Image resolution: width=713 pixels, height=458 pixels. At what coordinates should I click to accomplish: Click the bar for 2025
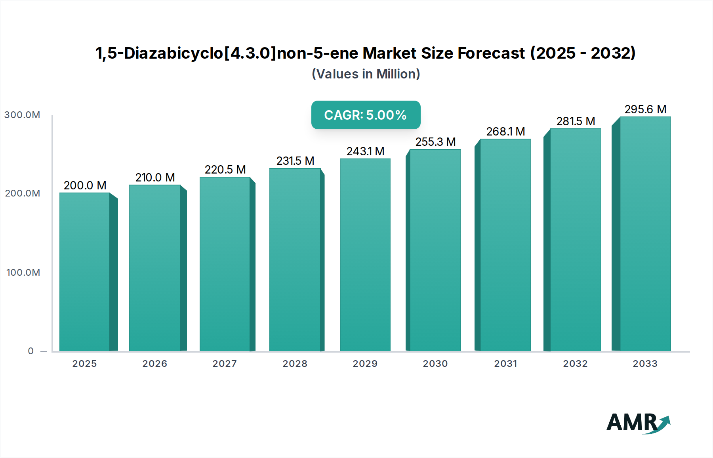coord(85,272)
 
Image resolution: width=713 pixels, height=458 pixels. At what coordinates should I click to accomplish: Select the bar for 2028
coord(295,260)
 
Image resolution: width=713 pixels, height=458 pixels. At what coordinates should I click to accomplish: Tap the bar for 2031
coord(505,245)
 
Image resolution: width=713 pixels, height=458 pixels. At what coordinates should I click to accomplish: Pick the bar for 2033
coord(645,234)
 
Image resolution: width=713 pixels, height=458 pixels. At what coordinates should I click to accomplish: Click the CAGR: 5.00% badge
coord(366,115)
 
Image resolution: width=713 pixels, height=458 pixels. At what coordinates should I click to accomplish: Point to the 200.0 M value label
coord(85,185)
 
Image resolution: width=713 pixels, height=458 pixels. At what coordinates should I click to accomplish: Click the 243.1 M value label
coord(366,151)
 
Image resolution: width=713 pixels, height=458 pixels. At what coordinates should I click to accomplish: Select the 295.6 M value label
coord(645,109)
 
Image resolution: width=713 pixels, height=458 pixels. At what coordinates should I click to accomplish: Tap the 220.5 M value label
coord(225,170)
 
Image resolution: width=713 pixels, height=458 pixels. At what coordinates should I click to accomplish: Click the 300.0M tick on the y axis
coord(22,115)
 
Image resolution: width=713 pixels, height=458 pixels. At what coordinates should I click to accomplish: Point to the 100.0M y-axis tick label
coord(23,273)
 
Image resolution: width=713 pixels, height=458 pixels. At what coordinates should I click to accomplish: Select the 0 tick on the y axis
coord(31,351)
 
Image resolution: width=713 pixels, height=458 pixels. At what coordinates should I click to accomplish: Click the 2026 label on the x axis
coord(155,364)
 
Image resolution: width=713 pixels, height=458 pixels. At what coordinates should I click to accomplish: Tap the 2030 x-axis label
coord(435,364)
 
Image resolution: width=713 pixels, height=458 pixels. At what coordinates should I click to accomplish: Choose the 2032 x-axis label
coord(575,364)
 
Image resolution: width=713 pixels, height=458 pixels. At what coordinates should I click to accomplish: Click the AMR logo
coord(638,423)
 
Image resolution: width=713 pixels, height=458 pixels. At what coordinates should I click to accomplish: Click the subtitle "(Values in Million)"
coord(366,74)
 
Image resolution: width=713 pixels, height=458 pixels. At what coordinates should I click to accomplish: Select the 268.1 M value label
coord(505,132)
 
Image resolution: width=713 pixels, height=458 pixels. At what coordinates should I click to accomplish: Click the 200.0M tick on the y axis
coord(23,193)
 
